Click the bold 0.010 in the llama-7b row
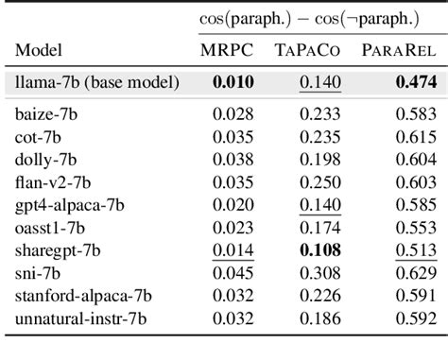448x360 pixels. click(x=233, y=83)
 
